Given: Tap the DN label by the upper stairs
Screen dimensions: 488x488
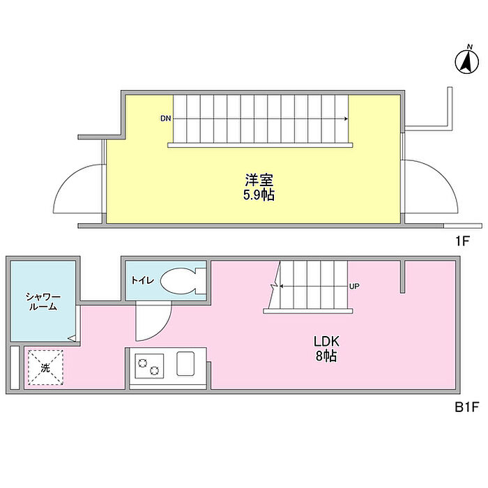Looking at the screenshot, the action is (165, 119).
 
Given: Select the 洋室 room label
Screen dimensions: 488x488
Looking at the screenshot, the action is (254, 179).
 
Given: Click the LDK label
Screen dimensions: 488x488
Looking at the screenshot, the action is (325, 342).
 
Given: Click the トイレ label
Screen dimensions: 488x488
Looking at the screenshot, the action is (144, 281).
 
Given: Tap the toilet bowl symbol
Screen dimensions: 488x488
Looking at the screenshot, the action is (181, 282).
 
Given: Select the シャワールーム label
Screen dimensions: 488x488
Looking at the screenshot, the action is (41, 300).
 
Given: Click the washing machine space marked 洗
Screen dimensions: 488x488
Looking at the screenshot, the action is (45, 368).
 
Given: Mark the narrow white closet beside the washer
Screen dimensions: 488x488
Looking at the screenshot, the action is (14, 367).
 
